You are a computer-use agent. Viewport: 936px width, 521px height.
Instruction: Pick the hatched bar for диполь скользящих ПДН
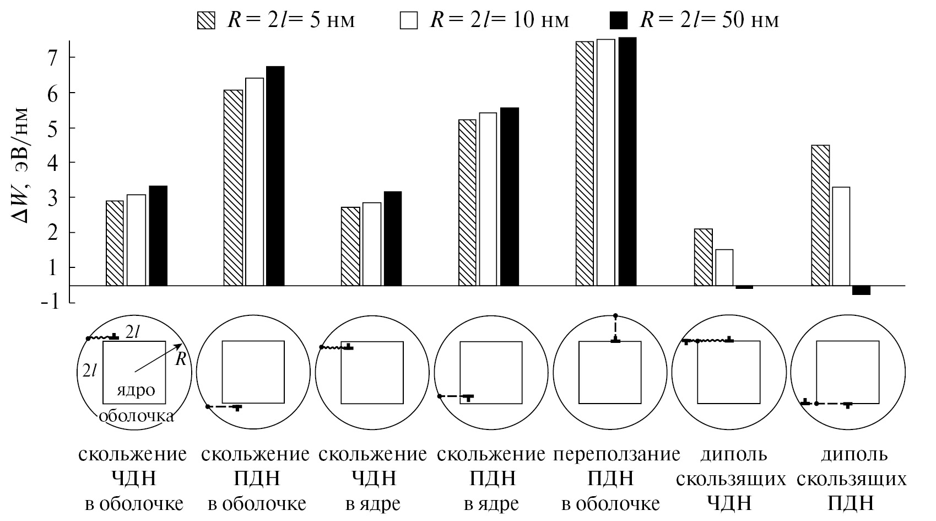(820, 215)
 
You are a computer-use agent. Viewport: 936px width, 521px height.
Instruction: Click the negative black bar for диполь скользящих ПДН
(861, 291)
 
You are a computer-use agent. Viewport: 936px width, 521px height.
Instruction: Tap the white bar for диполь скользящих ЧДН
(724, 267)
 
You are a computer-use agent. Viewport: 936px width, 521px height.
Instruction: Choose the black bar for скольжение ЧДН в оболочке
(158, 235)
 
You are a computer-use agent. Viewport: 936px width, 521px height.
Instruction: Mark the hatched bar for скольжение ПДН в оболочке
(233, 187)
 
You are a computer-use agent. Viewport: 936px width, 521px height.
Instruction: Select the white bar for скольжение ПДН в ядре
(488, 199)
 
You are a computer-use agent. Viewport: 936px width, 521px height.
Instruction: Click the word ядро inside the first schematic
(136, 390)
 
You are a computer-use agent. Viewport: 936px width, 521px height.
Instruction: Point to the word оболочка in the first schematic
(136, 416)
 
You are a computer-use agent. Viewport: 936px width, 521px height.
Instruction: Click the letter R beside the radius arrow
(180, 361)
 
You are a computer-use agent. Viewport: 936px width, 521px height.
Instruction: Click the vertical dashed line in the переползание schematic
(615, 328)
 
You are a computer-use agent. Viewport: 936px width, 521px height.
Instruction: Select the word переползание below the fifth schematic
(616, 455)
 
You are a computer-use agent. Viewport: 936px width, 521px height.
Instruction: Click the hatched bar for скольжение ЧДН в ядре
(350, 246)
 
